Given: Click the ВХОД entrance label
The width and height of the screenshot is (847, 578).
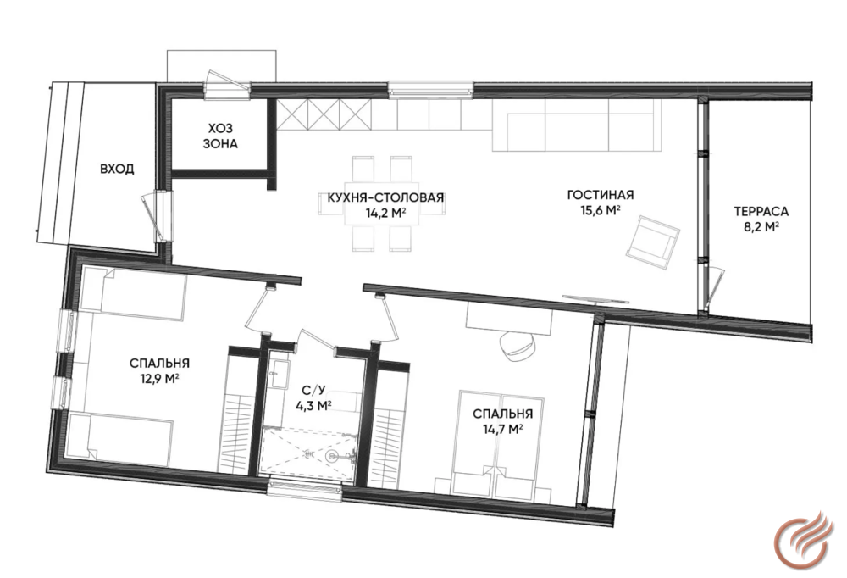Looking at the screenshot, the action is [117, 170].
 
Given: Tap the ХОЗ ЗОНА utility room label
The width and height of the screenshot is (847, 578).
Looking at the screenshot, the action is [220, 136].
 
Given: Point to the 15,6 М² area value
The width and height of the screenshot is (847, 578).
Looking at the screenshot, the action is [600, 210].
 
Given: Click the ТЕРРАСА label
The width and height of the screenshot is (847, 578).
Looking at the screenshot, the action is [761, 211].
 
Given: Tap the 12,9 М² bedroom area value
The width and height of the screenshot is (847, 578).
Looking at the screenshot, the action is [159, 379].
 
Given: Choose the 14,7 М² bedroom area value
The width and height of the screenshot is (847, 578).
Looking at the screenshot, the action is [502, 430].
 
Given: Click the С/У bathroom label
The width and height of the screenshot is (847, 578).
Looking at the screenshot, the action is [313, 391].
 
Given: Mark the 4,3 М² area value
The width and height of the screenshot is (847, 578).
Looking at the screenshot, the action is [313, 405].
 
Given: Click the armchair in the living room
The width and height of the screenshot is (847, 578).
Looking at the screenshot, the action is [652, 242].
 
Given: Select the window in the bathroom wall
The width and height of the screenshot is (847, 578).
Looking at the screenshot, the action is [306, 488].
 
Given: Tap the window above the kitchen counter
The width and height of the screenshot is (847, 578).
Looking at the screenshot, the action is [430, 90].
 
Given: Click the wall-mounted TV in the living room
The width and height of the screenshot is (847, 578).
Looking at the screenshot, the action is [595, 299].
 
